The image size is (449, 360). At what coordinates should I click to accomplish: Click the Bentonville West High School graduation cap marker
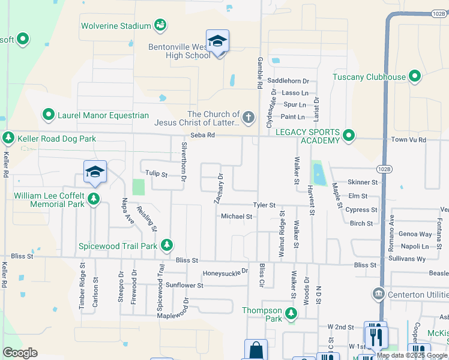pos(217,41)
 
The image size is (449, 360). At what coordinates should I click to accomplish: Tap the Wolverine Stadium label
pos(116,26)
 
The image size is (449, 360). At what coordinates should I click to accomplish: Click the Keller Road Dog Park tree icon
pos(8,139)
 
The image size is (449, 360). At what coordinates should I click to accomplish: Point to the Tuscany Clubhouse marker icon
pos(414,77)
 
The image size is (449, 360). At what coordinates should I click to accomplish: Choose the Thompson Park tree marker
pos(291,313)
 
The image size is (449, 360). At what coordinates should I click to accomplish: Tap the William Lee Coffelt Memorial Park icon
pos(94,199)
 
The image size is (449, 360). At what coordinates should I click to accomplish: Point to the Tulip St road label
pos(156,173)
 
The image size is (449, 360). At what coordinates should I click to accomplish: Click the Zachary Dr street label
pos(220,188)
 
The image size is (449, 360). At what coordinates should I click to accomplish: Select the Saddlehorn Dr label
pos(288,80)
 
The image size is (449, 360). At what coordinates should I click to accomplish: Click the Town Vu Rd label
pos(408,139)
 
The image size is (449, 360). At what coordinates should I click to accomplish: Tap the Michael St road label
pos(237,216)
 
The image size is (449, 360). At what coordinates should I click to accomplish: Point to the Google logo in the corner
pos(20,353)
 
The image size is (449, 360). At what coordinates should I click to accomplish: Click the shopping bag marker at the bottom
pos(255,350)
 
